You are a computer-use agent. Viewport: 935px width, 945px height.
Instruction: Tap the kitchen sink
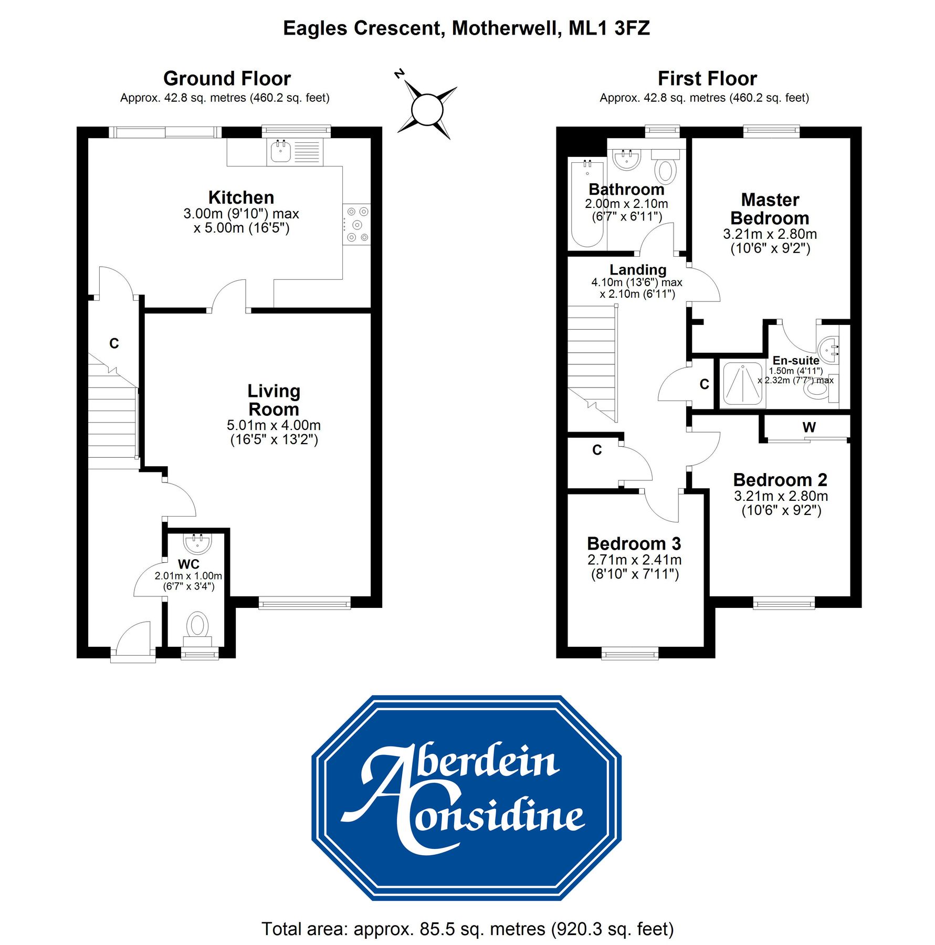coord(281,152)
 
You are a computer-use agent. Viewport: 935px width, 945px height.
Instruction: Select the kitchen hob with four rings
coord(356,224)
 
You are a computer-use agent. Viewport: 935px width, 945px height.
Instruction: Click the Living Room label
coord(274,400)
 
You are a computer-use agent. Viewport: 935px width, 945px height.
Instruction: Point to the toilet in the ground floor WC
coord(197,626)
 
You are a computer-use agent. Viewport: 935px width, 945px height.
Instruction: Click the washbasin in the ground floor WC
coord(197,543)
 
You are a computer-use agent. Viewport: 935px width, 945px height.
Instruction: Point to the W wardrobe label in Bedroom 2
coord(809,427)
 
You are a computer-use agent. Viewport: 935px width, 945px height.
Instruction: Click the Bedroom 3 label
coord(634,543)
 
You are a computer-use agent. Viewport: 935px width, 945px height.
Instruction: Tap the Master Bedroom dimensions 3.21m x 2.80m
coord(770,234)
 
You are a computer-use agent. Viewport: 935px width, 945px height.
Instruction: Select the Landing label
coord(637,270)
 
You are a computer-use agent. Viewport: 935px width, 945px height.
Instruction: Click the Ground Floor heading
coord(227,79)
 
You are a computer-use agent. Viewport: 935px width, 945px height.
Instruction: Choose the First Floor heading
coord(707,79)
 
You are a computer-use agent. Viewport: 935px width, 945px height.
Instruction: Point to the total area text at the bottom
coord(467,929)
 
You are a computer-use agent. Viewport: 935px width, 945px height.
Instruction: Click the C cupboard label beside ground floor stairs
coord(114,343)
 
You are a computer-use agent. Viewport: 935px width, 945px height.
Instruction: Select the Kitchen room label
coord(241,197)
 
